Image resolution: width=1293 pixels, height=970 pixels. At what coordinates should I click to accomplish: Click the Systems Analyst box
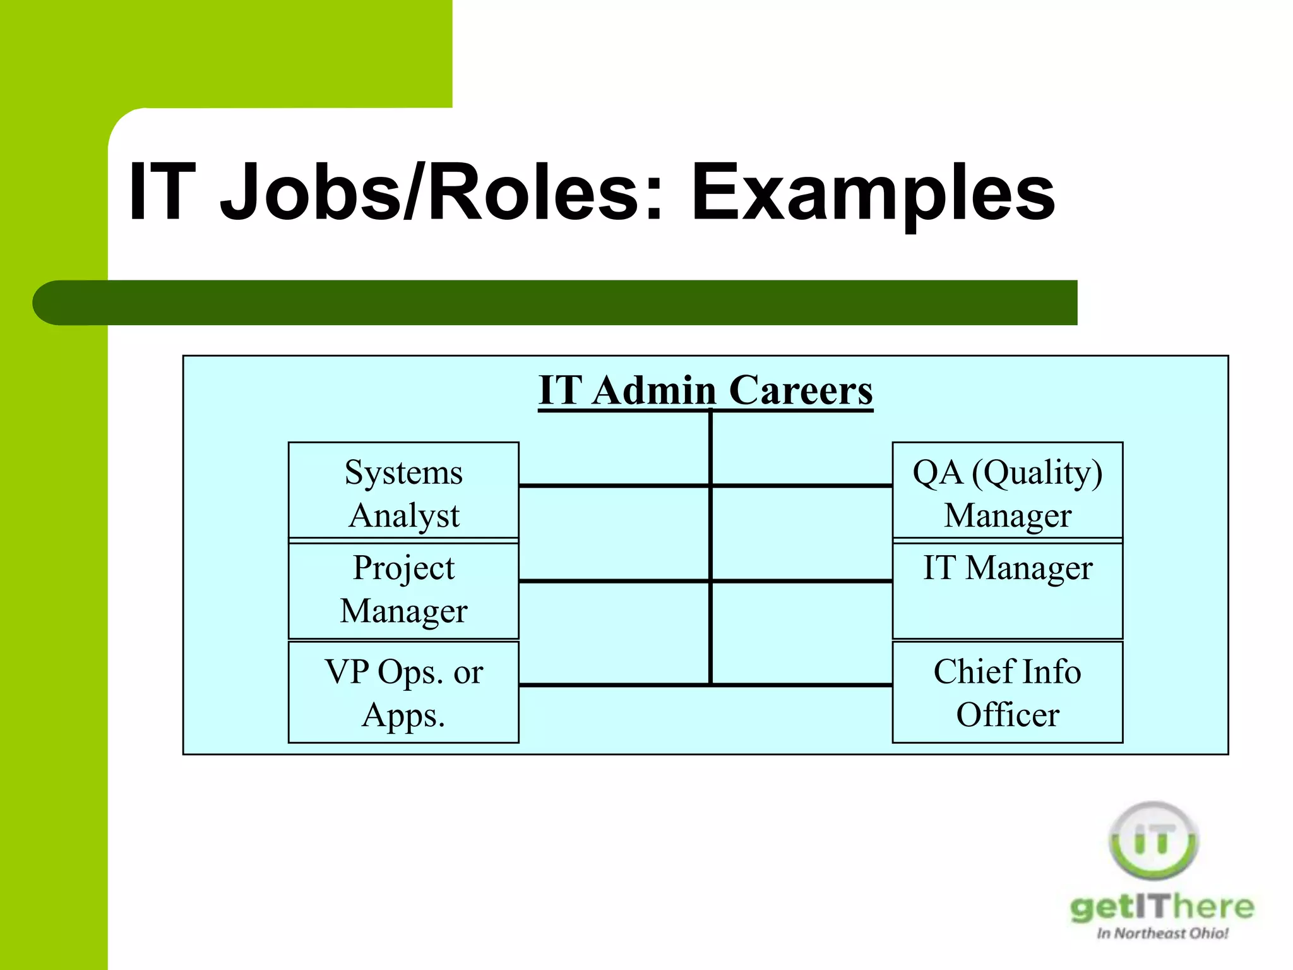click(403, 491)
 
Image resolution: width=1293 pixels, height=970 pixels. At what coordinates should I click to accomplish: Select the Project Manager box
click(403, 590)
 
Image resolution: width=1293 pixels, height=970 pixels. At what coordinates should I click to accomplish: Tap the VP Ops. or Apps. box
click(403, 692)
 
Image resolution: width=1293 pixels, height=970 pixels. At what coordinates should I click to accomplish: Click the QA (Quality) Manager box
click(1007, 491)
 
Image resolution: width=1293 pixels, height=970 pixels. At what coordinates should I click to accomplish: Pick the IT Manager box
click(1007, 590)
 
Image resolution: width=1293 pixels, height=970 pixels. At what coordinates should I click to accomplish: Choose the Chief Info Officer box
click(1007, 692)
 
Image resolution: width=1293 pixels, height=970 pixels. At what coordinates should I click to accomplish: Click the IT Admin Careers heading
click(705, 390)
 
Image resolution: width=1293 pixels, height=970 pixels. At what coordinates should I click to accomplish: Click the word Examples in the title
click(873, 192)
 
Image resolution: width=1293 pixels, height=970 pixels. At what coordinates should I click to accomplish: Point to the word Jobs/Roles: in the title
click(442, 192)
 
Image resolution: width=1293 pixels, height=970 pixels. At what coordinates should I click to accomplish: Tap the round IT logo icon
click(1153, 842)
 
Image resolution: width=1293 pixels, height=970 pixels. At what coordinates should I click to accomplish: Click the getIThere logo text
click(1162, 908)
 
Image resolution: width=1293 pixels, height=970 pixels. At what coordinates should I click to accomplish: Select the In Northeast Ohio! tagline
click(1162, 933)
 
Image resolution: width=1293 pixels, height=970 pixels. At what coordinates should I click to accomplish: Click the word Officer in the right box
click(1007, 715)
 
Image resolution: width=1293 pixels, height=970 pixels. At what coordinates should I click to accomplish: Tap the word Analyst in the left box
click(404, 515)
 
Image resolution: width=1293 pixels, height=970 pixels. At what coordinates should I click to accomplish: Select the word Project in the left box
click(403, 568)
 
